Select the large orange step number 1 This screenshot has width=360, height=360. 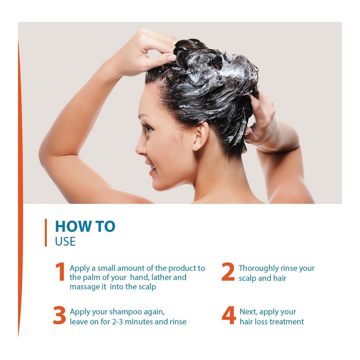(x=60, y=272)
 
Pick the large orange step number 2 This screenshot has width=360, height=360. (x=228, y=272)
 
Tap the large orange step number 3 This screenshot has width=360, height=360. (x=59, y=315)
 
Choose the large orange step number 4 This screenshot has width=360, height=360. (x=229, y=315)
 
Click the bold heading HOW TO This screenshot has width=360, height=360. (x=85, y=226)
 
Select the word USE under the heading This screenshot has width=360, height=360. (x=66, y=242)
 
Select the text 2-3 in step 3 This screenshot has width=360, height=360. (x=117, y=321)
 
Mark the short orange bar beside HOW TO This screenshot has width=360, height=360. (x=46, y=233)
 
